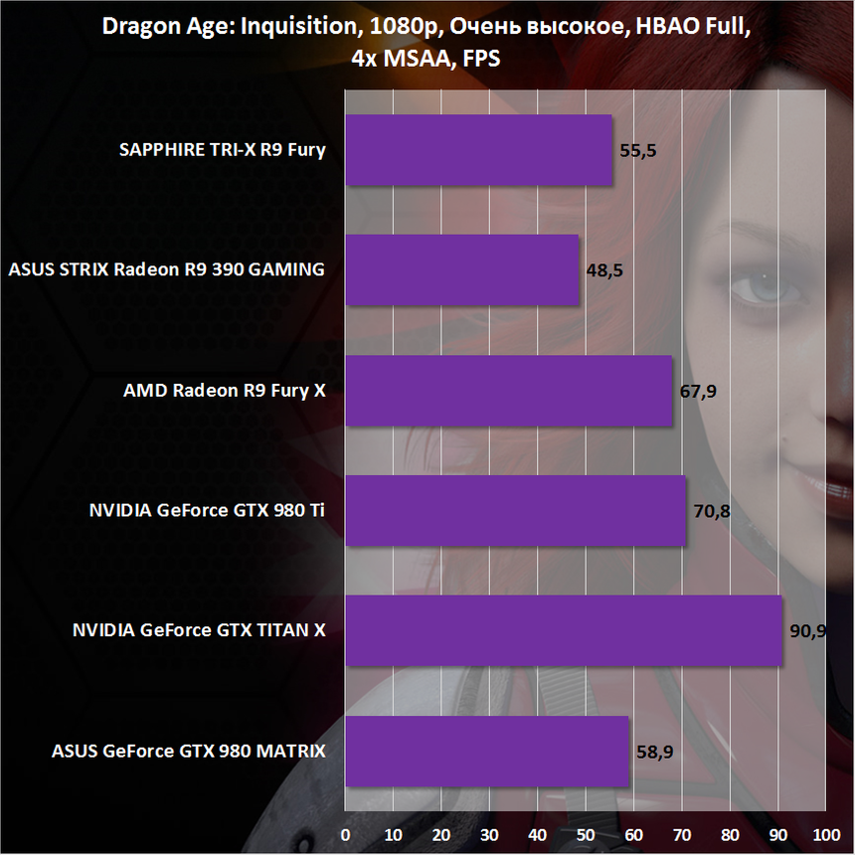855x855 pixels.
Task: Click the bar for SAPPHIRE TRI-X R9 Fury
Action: coord(478,150)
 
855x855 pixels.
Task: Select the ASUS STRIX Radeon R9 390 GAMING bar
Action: coord(461,270)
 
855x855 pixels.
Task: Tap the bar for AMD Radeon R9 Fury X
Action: coord(508,391)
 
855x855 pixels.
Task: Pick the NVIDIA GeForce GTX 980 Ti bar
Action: coord(515,511)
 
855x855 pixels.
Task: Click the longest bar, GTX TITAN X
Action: coord(564,631)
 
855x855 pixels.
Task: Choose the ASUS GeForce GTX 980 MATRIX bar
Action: coord(486,752)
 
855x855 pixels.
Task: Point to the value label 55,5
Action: coord(638,151)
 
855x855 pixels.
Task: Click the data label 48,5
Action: coord(604,271)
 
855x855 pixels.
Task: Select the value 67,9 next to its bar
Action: coord(698,392)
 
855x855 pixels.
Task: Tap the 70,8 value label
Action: coord(712,512)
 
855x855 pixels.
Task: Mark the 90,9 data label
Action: coord(807,632)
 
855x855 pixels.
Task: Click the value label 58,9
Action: coord(654,753)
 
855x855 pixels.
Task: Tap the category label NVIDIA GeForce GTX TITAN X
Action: coord(199,630)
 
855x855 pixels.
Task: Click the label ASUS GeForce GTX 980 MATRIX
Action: coord(188,751)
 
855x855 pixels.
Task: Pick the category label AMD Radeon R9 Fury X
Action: coord(224,391)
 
